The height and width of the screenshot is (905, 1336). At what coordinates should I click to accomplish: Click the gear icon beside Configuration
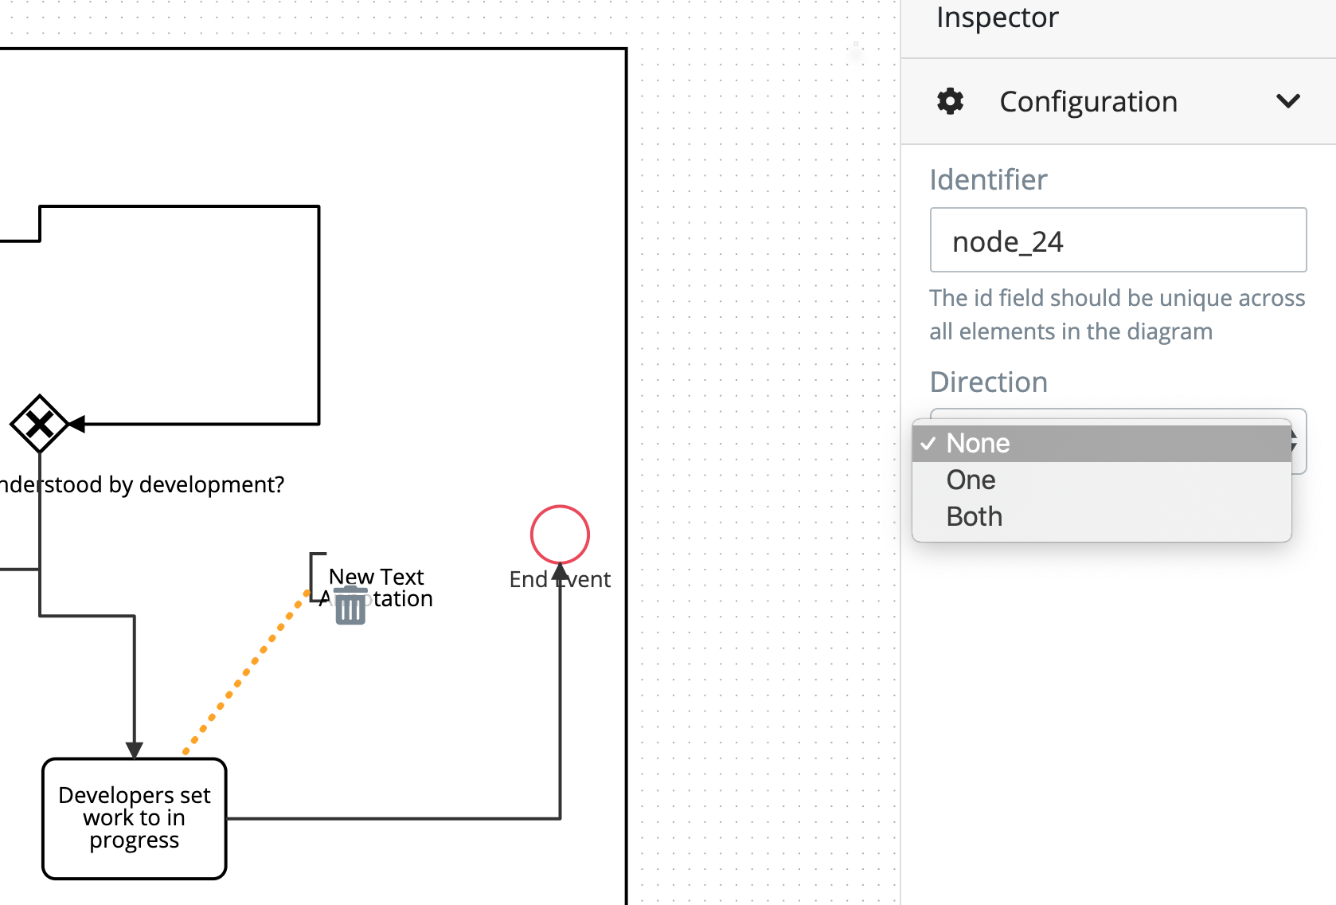(950, 101)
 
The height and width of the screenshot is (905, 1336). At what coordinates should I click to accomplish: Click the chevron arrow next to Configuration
(1287, 101)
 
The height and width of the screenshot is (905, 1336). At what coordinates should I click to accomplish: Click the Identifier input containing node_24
(1118, 241)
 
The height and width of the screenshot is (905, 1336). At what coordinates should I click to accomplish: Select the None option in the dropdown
(978, 444)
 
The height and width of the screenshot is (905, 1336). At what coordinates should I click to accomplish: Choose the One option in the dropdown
(971, 480)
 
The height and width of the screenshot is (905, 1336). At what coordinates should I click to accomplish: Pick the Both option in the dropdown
(974, 517)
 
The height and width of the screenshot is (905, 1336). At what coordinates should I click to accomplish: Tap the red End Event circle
(560, 535)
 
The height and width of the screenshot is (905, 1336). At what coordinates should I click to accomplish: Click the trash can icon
(350, 607)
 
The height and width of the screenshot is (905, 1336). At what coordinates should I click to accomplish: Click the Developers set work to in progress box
(135, 818)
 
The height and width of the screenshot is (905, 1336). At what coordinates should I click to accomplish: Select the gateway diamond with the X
(39, 424)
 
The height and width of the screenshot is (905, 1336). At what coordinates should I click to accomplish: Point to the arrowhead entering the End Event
(561, 572)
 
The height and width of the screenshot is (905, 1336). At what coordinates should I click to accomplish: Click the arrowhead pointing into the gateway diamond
(77, 424)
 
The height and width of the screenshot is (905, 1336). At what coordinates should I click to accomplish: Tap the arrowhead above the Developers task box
(135, 750)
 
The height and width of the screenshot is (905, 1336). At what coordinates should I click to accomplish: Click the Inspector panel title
(997, 18)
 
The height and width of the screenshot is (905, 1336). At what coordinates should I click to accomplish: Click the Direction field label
(988, 382)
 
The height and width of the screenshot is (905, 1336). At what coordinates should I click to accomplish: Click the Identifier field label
(988, 180)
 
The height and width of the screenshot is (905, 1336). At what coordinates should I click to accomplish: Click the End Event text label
(560, 580)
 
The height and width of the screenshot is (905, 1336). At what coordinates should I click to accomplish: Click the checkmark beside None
(928, 444)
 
